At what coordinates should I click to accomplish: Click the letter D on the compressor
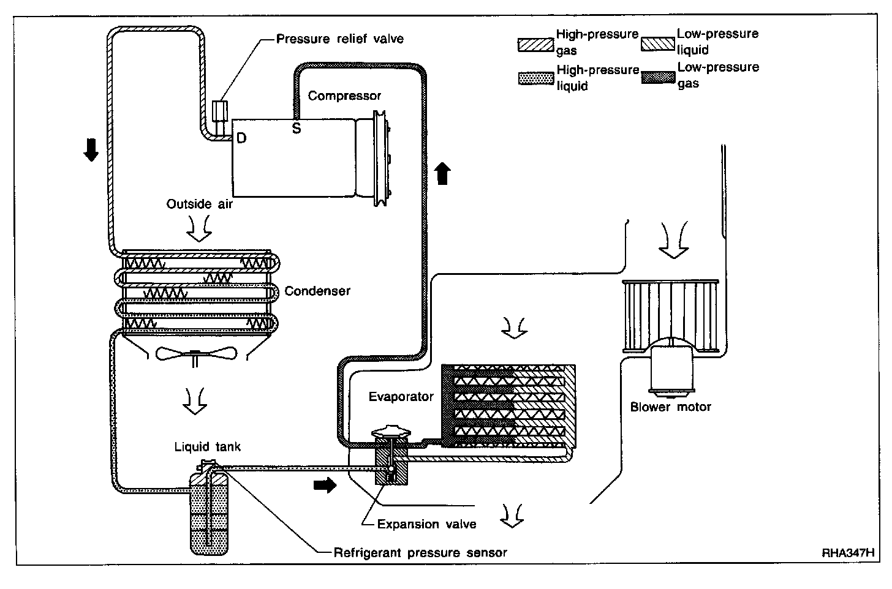pyautogui.click(x=241, y=138)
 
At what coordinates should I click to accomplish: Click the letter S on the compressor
pyautogui.click(x=297, y=128)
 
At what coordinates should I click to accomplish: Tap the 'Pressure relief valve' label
pyautogui.click(x=339, y=39)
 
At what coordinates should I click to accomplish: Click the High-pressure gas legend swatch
pyautogui.click(x=535, y=45)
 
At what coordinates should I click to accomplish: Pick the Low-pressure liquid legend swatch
pyautogui.click(x=658, y=45)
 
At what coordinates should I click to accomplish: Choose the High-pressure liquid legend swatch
pyautogui.click(x=536, y=78)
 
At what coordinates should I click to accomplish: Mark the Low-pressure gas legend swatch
pyautogui.click(x=658, y=78)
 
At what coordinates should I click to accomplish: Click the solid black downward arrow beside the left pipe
pyautogui.click(x=91, y=150)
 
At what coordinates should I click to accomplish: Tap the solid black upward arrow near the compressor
pyautogui.click(x=442, y=173)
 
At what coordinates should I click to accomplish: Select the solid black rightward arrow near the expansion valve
pyautogui.click(x=325, y=485)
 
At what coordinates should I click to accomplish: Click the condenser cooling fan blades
pyautogui.click(x=196, y=353)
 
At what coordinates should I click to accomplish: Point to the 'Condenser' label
pyautogui.click(x=317, y=291)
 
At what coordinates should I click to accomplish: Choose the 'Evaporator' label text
pyautogui.click(x=401, y=397)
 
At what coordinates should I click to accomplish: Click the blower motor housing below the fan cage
pyautogui.click(x=672, y=369)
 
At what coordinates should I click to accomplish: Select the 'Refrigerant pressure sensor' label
pyautogui.click(x=420, y=553)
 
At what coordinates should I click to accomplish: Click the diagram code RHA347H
pyautogui.click(x=848, y=553)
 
